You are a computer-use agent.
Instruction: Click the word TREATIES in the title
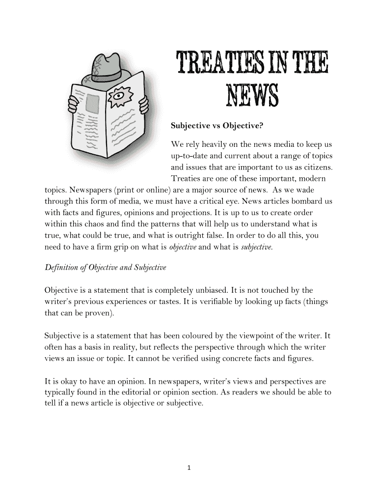(x=216, y=64)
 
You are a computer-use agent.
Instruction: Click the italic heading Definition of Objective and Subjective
(x=106, y=268)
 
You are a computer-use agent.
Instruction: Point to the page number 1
(x=189, y=467)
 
